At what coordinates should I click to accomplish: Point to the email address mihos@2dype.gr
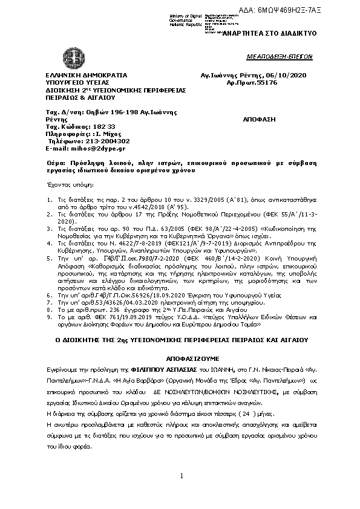coord(100,148)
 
